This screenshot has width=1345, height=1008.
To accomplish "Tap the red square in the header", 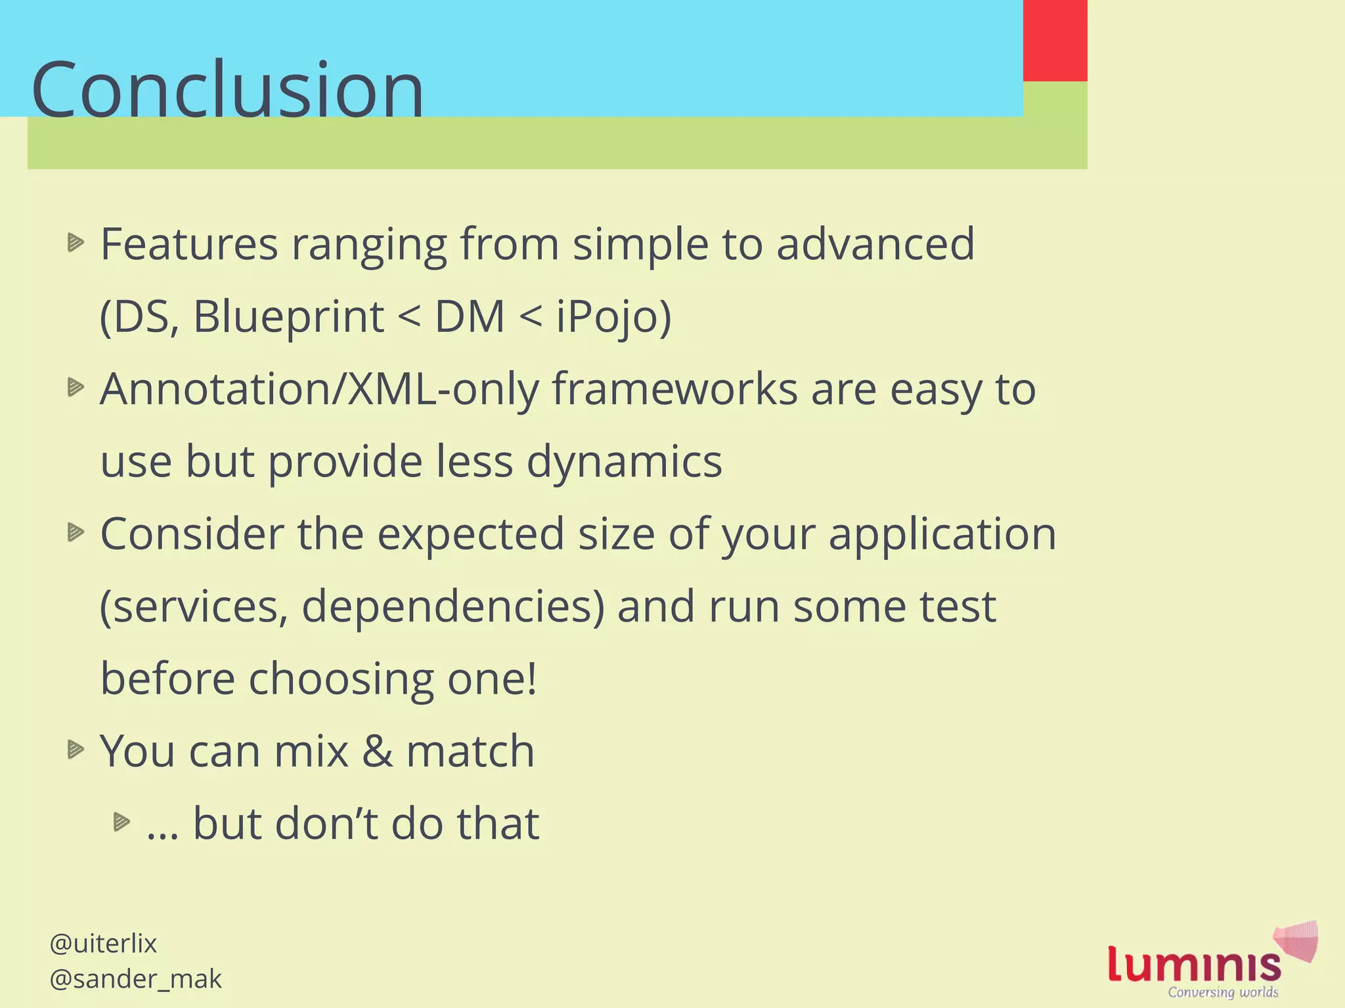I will click(x=1055, y=41).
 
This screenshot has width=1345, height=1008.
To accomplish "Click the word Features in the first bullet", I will click(x=189, y=244).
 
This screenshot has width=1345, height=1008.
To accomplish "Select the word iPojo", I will click(x=613, y=316).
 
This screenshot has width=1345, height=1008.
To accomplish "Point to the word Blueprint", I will click(x=288, y=316).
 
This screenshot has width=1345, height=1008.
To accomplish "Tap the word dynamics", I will click(x=624, y=461).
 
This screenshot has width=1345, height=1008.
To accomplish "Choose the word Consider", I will click(x=192, y=534).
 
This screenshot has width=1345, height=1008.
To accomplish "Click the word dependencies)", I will click(x=452, y=606).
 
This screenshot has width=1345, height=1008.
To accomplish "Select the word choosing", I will click(x=341, y=679).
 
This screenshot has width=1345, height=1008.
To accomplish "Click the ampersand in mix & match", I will click(x=377, y=751).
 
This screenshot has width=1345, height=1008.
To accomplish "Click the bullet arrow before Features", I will click(x=76, y=243).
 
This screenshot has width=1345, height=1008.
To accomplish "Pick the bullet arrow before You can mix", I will click(x=76, y=749).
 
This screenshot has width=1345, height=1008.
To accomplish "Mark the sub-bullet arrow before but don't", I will click(x=122, y=822).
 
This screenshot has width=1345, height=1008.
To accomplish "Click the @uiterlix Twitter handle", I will click(x=103, y=944).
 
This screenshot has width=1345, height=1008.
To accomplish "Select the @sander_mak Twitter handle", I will click(x=135, y=979).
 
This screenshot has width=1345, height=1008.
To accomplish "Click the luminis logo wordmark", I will click(x=1194, y=963).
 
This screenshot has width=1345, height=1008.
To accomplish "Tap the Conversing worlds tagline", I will click(x=1223, y=992).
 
